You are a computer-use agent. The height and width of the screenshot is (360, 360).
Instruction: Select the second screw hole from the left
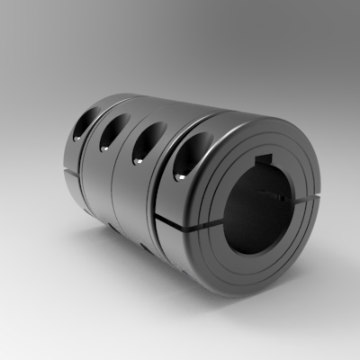click(x=111, y=132)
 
